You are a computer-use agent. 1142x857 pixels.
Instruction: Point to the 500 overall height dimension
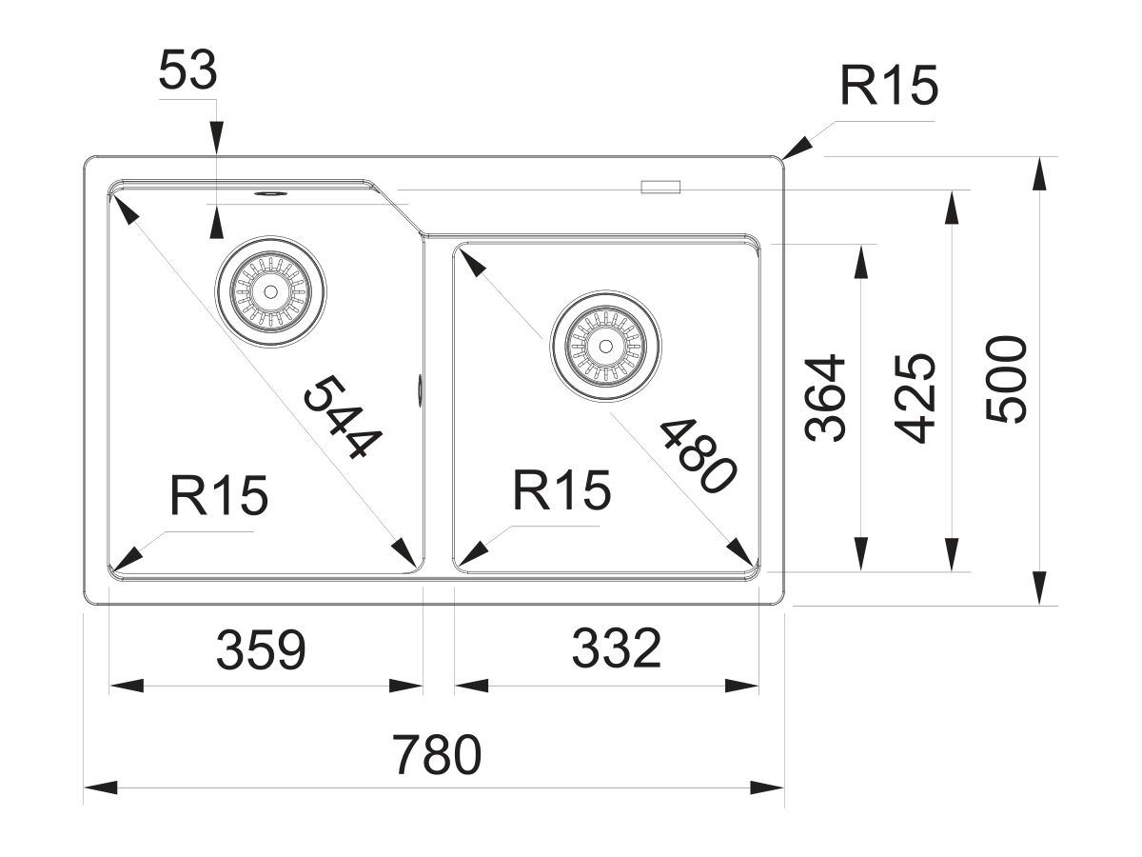(x=1008, y=378)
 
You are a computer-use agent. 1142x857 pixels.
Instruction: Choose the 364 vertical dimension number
(x=825, y=397)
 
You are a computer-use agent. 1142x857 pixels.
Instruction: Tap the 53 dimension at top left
(x=188, y=72)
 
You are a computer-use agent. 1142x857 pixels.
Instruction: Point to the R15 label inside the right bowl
(x=561, y=491)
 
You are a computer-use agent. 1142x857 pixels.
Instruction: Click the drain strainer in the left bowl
(x=271, y=290)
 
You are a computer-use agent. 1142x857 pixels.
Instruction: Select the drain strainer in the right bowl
(x=606, y=345)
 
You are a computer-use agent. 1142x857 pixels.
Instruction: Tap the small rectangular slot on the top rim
(x=661, y=187)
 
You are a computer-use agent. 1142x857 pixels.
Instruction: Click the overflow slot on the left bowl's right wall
(x=420, y=389)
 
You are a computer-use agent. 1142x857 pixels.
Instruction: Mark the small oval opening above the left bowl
(x=269, y=192)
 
